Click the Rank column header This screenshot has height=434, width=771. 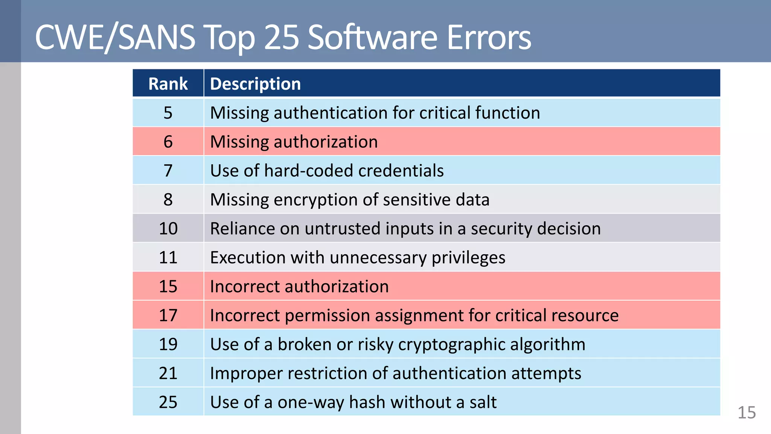pos(168,84)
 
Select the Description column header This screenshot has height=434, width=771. pos(255,84)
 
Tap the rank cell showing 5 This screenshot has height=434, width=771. pos(168,113)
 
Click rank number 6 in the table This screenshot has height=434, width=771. pos(168,142)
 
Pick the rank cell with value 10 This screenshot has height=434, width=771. pos(168,229)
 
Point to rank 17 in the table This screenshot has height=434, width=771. pos(168,315)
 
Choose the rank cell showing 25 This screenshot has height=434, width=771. pos(168,402)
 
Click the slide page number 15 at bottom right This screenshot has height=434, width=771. pos(747,413)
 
